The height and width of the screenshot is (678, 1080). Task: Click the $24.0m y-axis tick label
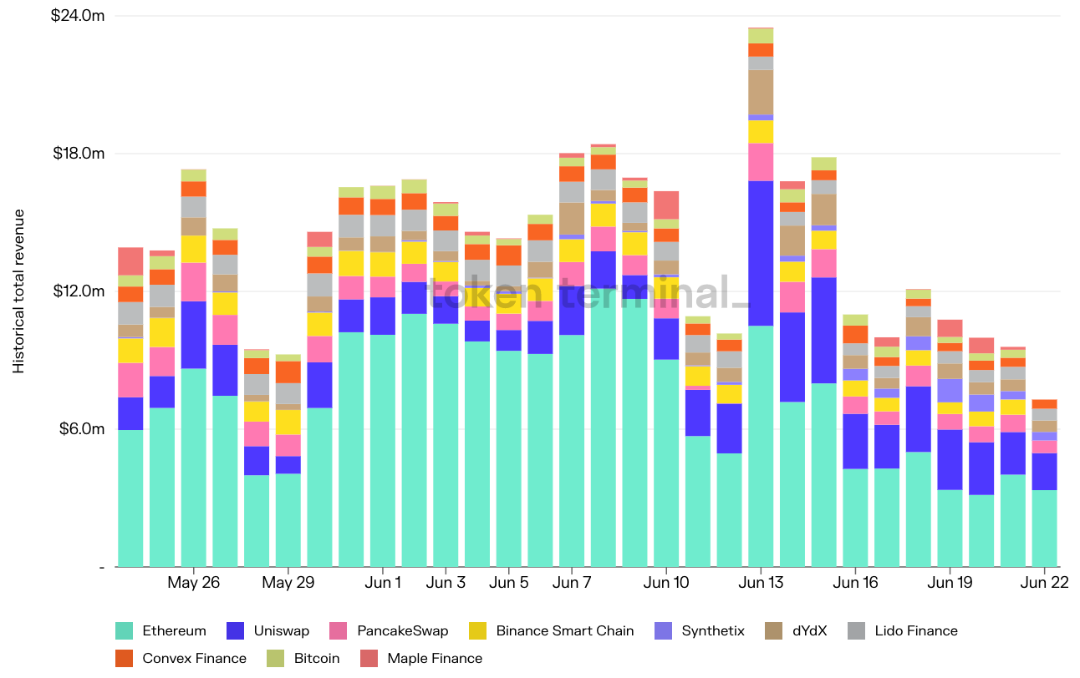pyautogui.click(x=79, y=16)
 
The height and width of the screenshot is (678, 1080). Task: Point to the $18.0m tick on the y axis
pyautogui.click(x=79, y=154)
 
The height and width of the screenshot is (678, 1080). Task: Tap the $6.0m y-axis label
pyautogui.click(x=81, y=429)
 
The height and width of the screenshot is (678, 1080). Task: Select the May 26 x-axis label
pyautogui.click(x=194, y=583)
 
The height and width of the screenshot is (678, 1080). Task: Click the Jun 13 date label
pyautogui.click(x=761, y=583)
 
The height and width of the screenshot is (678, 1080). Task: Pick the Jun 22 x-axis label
pyautogui.click(x=1044, y=583)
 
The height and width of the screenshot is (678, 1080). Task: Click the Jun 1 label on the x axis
pyautogui.click(x=383, y=583)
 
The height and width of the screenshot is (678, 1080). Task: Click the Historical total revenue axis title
pyautogui.click(x=18, y=291)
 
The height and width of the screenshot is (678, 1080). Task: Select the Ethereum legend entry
pyautogui.click(x=174, y=631)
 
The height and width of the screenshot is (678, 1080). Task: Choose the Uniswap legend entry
pyautogui.click(x=280, y=631)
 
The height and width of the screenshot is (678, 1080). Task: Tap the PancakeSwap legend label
pyautogui.click(x=402, y=631)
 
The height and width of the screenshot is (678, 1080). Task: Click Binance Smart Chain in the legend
pyautogui.click(x=565, y=631)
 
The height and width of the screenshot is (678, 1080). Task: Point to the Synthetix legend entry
pyautogui.click(x=713, y=631)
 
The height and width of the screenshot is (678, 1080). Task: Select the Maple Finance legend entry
pyautogui.click(x=435, y=659)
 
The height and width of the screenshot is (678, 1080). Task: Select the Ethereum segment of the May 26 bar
pyautogui.click(x=194, y=468)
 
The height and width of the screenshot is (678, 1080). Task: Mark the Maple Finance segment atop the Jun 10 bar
pyautogui.click(x=666, y=205)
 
